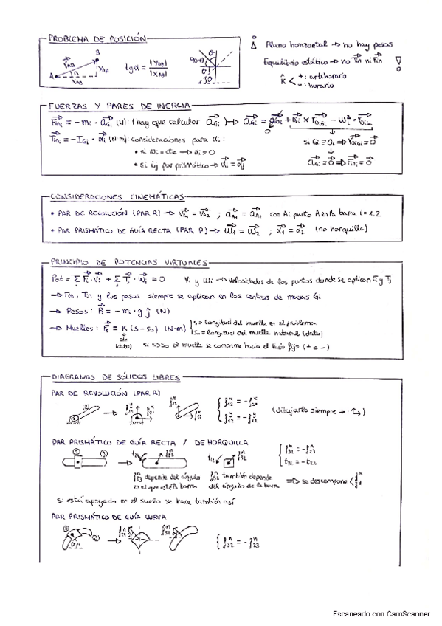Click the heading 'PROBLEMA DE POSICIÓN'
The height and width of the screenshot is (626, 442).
[97, 38]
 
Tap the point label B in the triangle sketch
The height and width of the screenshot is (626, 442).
[97, 52]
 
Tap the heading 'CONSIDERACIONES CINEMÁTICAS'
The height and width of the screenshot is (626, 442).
[118, 197]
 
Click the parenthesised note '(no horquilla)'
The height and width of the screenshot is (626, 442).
[342, 230]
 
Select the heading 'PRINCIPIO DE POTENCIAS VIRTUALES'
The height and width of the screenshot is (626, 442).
[130, 262]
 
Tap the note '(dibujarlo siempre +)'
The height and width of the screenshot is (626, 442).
[318, 410]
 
